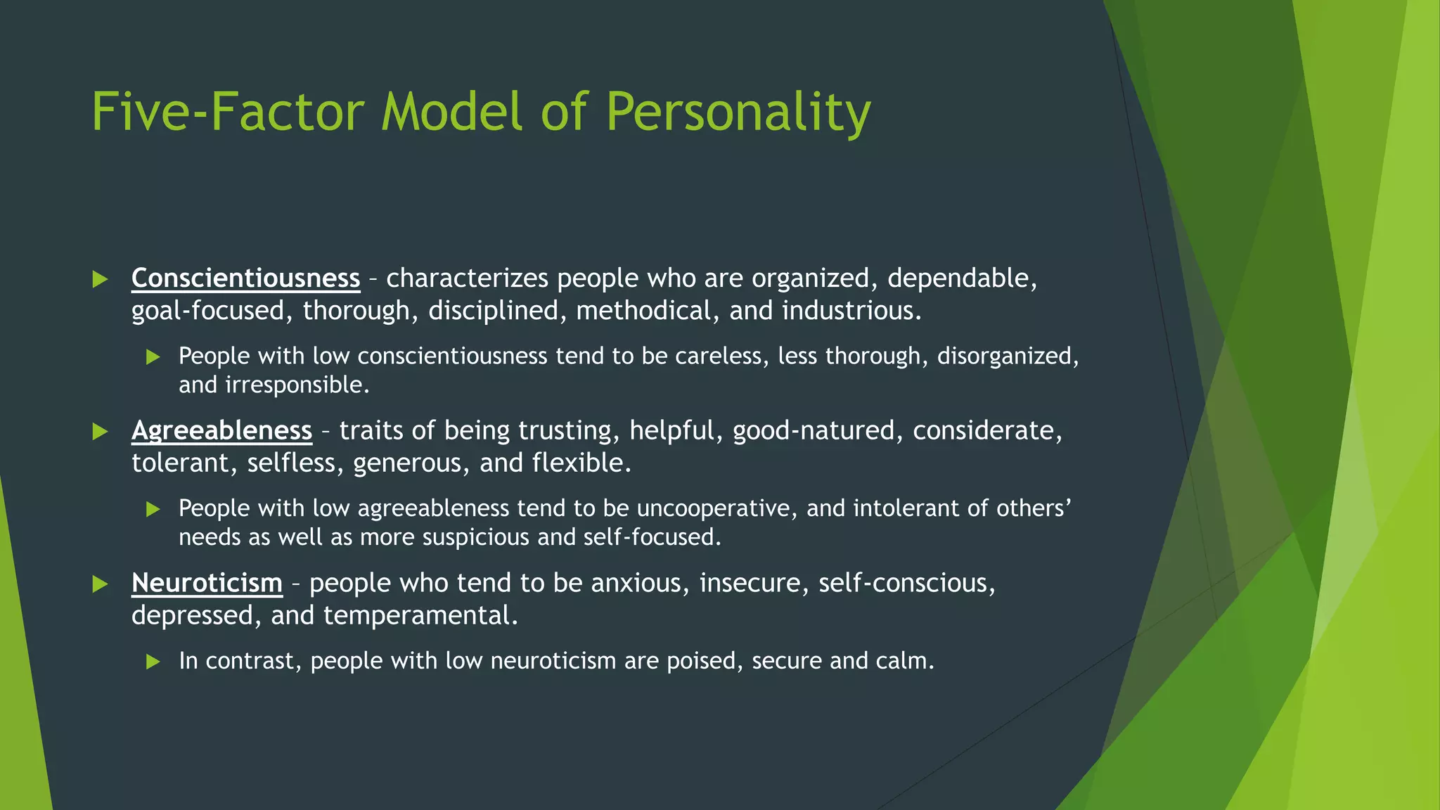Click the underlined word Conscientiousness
coord(245,278)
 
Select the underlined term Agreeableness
coord(221,430)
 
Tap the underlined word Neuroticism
coord(207,583)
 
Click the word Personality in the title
coord(738,112)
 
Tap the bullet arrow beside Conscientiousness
coord(100,279)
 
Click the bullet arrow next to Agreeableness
coord(100,432)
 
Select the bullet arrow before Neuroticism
coord(100,584)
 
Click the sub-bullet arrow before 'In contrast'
coord(153,661)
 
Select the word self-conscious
coord(906,583)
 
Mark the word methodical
coord(643,311)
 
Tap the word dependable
coord(962,278)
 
